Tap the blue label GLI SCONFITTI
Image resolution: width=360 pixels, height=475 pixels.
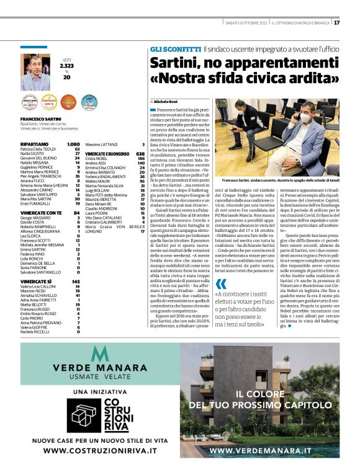tap(174, 48)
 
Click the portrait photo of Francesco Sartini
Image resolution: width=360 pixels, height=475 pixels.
tap(35, 72)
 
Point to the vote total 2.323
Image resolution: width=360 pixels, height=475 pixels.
tap(66, 65)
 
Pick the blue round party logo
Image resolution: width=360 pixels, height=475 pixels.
tap(88, 102)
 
